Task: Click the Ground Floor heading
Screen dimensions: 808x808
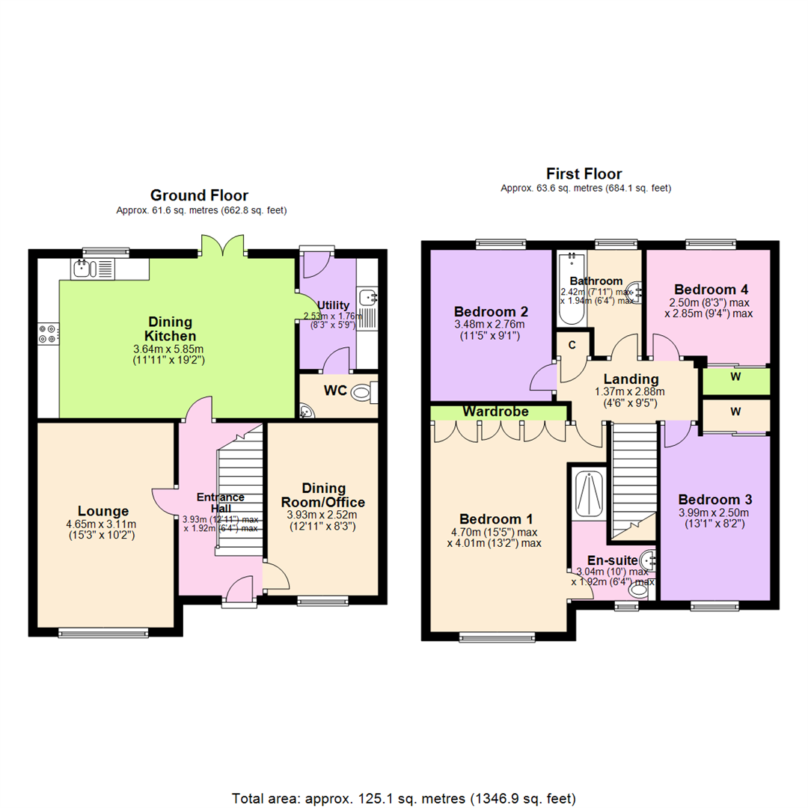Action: coord(200,195)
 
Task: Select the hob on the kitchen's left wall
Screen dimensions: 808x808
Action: coord(46,333)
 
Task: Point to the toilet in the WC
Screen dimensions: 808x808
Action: coord(362,391)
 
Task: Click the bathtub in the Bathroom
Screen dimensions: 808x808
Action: coord(570,290)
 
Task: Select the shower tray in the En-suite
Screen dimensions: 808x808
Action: coord(590,493)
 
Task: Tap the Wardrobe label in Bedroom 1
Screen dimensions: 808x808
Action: coord(495,411)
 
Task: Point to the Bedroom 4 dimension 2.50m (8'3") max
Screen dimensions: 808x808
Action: coord(708,302)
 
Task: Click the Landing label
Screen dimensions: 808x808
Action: coord(631,379)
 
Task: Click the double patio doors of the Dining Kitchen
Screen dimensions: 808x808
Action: coord(222,247)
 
